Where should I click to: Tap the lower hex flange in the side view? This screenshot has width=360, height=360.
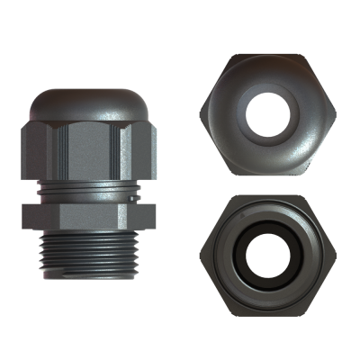coord(88,216)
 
